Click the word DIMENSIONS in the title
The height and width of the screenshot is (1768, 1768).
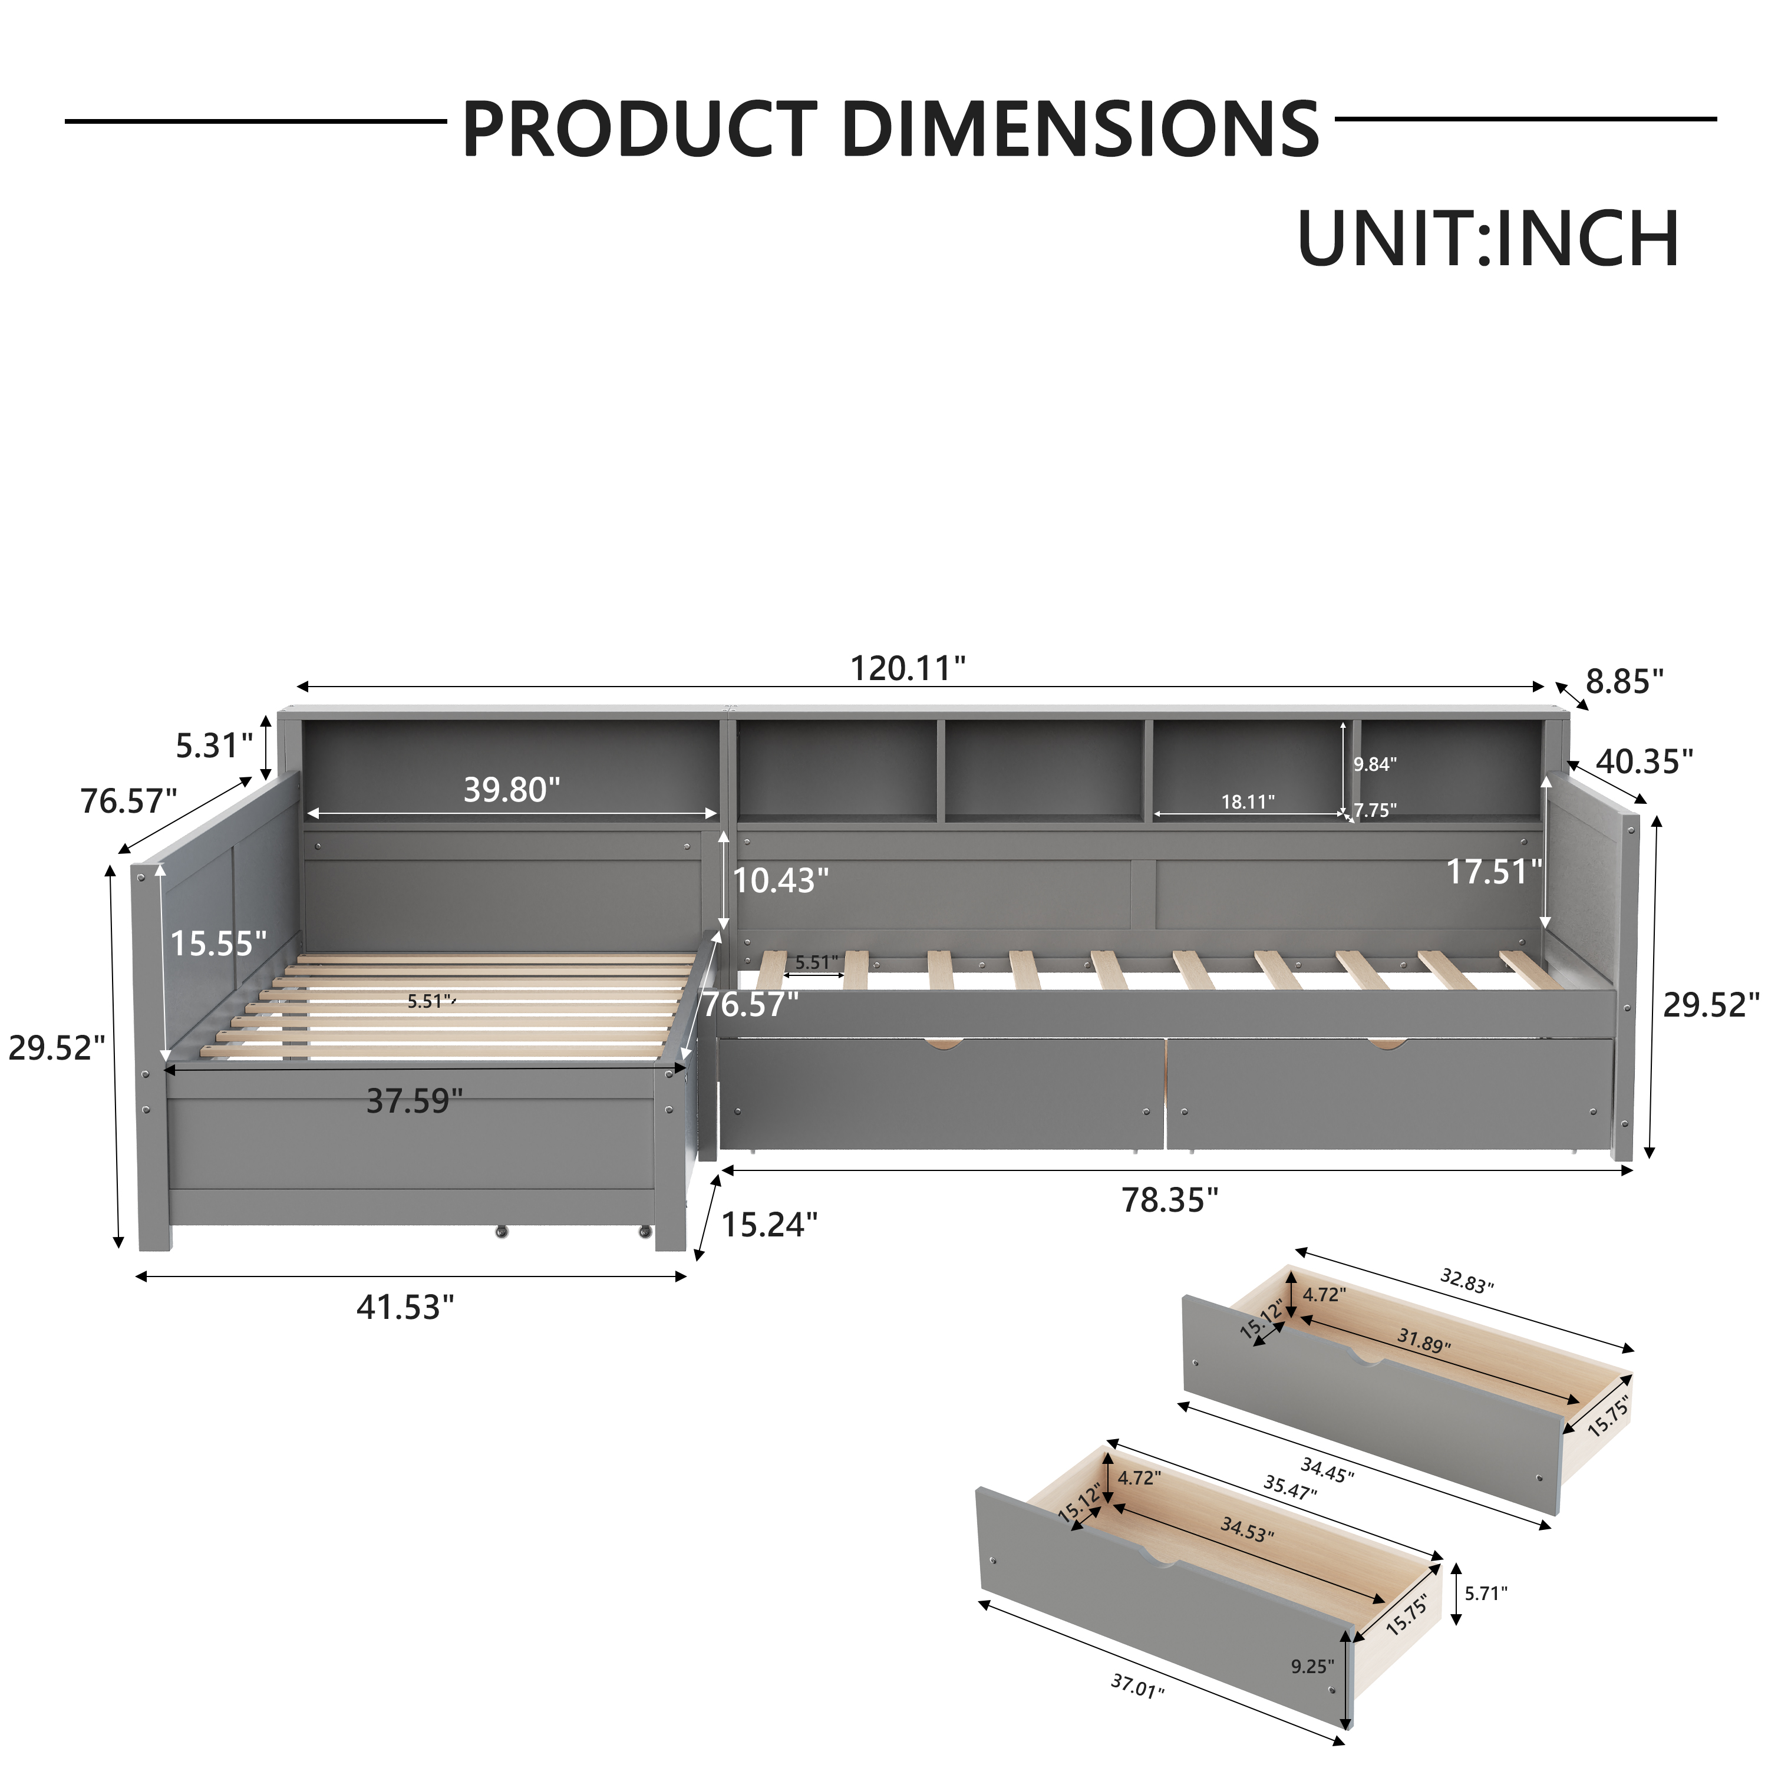pos(1080,129)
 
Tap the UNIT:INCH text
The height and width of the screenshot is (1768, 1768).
pos(1488,239)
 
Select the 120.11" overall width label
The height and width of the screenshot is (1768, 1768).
pos(908,669)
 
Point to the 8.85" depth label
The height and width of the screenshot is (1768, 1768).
pos(1624,682)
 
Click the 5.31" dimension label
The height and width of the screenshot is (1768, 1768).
pos(214,746)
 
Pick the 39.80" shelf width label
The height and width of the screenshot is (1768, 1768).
pos(512,790)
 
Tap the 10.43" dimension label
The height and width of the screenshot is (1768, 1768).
pos(781,880)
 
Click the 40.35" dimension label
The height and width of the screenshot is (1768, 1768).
pos(1644,761)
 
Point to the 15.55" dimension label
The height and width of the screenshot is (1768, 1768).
pos(219,944)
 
